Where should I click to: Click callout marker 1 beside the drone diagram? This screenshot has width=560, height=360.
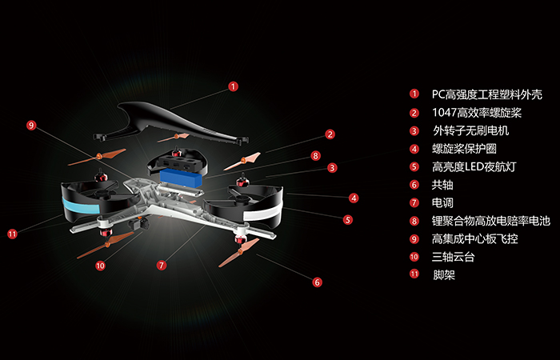233,86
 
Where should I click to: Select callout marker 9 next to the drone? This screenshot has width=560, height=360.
31,126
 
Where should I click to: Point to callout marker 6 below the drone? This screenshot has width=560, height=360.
317,282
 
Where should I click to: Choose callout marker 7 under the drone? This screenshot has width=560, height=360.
162,265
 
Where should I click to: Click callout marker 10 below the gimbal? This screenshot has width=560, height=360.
100,266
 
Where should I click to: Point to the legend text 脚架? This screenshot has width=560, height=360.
443,275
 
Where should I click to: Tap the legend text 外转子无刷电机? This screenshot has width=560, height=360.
470,130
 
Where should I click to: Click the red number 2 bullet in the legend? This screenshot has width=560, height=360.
414,113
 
